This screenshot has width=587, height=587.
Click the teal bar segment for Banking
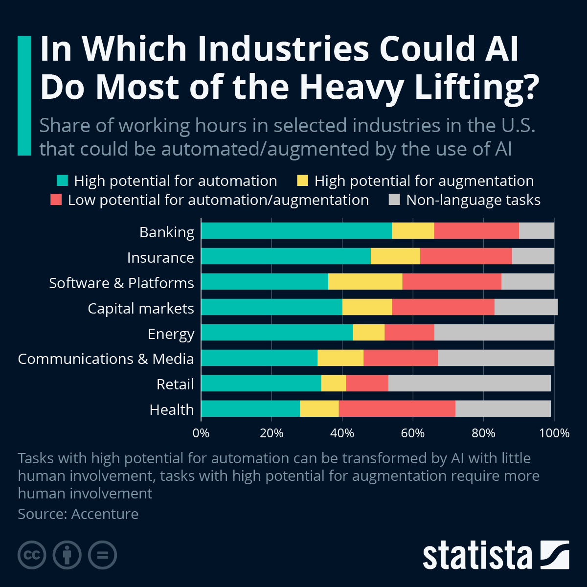pos(296,231)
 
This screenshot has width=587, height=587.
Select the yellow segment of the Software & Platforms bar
pos(365,282)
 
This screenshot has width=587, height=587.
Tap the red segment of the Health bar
pos(397,408)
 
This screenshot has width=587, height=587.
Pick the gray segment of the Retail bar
pos(469,383)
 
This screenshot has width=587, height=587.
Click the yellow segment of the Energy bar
pos(368,332)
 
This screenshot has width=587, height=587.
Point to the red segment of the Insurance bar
pos(466,256)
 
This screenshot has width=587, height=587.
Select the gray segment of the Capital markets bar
pos(526,307)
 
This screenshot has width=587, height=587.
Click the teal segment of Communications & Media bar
pos(259,358)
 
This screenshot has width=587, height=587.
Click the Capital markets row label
pos(141,309)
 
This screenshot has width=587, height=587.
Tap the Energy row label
pos(171,334)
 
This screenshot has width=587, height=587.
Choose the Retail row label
pos(175,384)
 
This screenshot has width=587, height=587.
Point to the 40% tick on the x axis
pos(342,433)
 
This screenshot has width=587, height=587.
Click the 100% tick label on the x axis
pos(554,433)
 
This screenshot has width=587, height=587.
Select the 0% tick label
pos(201,433)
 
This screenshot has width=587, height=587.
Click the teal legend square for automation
pos(62,181)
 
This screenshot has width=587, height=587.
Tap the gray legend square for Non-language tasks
pos(394,200)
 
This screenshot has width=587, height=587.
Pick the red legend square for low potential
pos(56,200)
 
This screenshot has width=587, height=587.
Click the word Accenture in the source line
pos(105,514)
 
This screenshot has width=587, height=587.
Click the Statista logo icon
pos(555,555)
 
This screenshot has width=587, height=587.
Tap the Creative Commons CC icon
pos(32,555)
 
